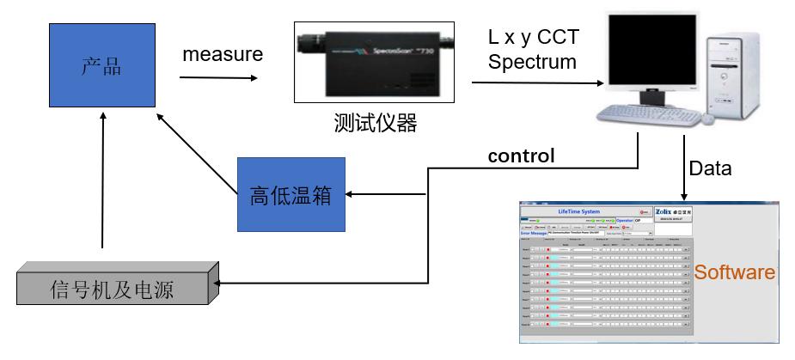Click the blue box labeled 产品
pyautogui.click(x=101, y=66)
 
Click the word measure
pyautogui.click(x=222, y=55)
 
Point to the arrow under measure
pyautogui.click(x=218, y=79)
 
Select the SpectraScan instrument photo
pyautogui.click(x=375, y=61)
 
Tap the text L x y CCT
pyautogui.click(x=529, y=38)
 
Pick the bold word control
pyautogui.click(x=521, y=156)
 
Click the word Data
pyautogui.click(x=710, y=168)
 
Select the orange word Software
pyautogui.click(x=734, y=273)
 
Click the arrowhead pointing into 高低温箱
pyautogui.click(x=350, y=195)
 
